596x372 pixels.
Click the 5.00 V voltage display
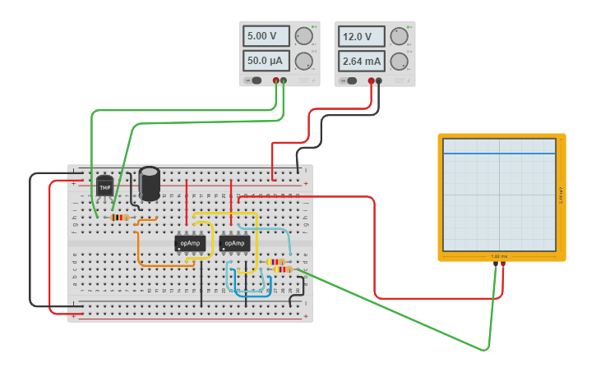pos(266,36)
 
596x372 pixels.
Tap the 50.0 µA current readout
pos(266,61)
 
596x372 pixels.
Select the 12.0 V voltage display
pos(361,36)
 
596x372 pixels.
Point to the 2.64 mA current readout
pos(361,61)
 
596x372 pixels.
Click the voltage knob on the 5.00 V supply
pos(303,36)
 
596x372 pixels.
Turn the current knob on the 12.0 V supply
pos(399,61)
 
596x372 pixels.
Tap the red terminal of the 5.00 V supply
pos(276,80)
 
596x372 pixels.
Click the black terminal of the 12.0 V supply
pos(379,80)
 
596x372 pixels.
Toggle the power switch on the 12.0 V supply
pos(351,80)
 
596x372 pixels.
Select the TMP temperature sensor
pos(104,187)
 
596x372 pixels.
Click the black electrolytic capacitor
pos(150,182)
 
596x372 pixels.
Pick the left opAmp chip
pos(190,243)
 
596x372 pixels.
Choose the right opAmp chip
pos(234,243)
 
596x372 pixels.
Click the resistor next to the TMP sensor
pos(119,218)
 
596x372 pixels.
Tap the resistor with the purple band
pos(281,269)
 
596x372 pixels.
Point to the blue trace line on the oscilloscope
pos(500,154)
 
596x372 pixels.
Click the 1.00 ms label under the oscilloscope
pos(500,256)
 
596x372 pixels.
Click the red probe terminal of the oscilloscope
pos(503,263)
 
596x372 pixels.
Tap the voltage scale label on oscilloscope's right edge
pos(561,195)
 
